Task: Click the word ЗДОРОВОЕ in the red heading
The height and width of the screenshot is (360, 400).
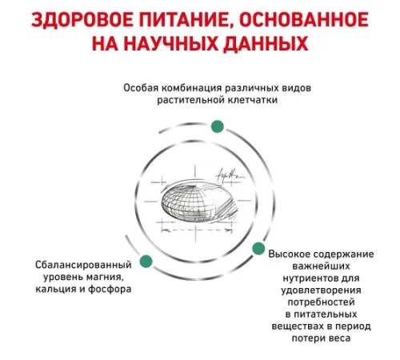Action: (82, 19)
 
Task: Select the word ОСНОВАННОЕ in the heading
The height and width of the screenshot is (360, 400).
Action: (304, 19)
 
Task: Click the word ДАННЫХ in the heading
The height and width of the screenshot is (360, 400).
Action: (266, 44)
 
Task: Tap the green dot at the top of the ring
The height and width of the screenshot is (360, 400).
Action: (218, 126)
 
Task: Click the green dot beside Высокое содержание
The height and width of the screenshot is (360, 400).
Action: (258, 249)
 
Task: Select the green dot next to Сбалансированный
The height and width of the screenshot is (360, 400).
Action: (146, 261)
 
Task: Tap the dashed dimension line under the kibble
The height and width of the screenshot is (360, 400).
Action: (197, 230)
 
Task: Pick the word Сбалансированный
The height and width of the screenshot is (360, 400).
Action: (83, 265)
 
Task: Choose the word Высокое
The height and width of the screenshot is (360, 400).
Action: (289, 254)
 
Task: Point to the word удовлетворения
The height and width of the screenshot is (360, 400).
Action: (322, 290)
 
